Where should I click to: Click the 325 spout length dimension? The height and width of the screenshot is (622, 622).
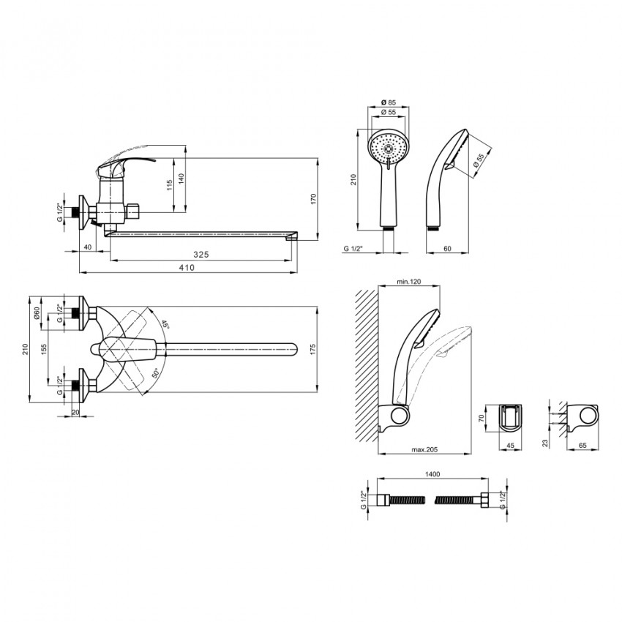click(201, 255)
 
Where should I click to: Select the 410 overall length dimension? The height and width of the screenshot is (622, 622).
click(187, 267)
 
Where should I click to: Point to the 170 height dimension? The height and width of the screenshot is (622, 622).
click(313, 199)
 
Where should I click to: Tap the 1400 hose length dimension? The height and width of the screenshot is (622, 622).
click(432, 474)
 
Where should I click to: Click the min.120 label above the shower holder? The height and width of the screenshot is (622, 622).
click(408, 282)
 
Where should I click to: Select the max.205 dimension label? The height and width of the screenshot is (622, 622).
click(425, 449)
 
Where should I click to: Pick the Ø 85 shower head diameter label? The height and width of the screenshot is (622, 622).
click(389, 102)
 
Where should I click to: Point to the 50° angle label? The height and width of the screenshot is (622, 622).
click(155, 373)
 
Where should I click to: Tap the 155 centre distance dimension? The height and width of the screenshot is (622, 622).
click(44, 348)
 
